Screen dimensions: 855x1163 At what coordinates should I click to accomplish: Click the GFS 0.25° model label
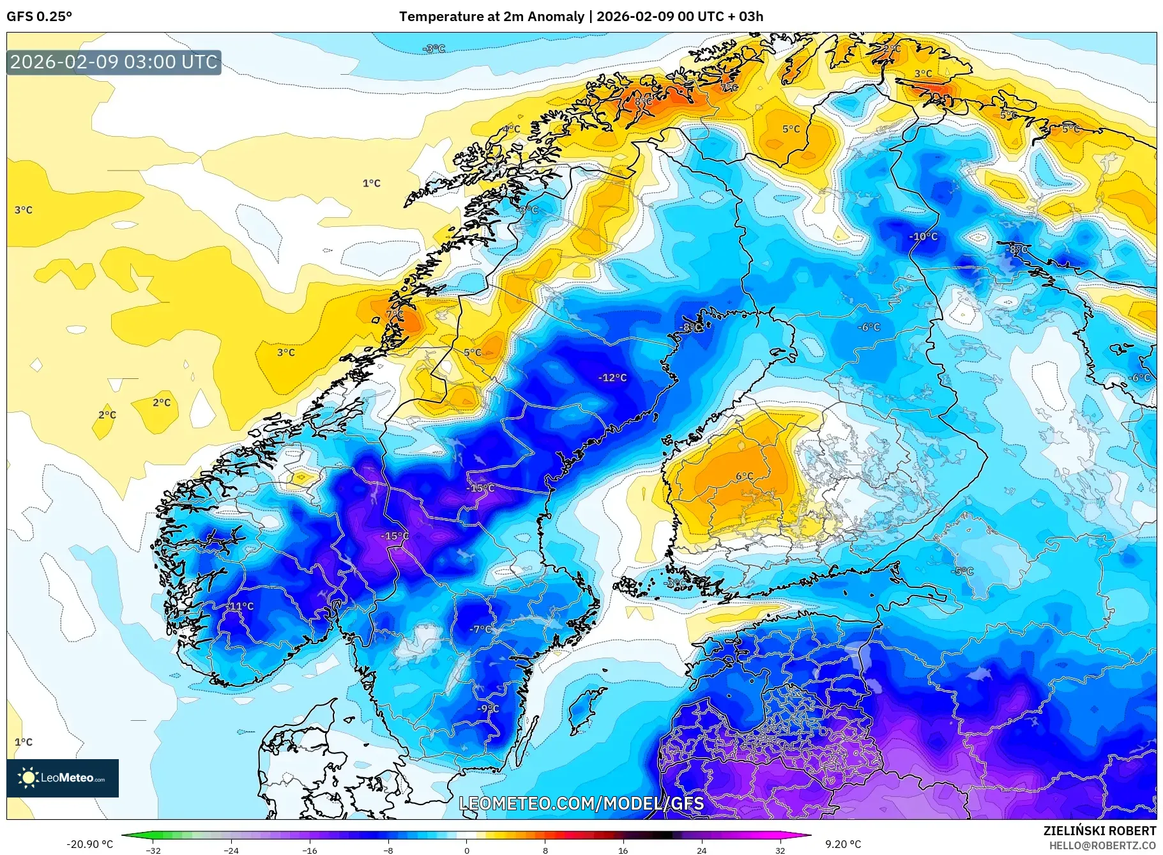[x=39, y=17]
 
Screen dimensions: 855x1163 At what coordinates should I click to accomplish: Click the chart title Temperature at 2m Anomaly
[x=492, y=17]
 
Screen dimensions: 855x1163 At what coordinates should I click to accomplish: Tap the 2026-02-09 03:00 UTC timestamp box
[x=114, y=62]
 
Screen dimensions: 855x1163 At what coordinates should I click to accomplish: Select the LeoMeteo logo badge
[x=63, y=778]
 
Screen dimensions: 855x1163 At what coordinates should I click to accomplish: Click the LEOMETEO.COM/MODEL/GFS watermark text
[x=581, y=803]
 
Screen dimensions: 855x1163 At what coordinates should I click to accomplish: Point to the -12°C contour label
[x=612, y=378]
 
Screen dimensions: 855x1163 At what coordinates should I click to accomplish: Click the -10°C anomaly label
[x=923, y=236]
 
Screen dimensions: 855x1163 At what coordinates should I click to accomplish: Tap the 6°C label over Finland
[x=744, y=476]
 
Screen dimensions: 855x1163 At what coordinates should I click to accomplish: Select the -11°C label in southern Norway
[x=241, y=606]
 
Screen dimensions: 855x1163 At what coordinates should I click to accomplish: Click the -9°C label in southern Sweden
[x=488, y=709]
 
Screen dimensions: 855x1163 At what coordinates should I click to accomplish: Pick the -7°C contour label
[x=480, y=629]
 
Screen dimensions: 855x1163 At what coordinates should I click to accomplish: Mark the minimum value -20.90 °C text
[x=90, y=844]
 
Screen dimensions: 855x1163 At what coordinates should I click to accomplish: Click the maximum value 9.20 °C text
[x=843, y=844]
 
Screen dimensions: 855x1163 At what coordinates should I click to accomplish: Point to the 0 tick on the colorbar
[x=467, y=850]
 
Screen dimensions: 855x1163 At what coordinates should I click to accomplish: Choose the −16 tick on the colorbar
[x=309, y=850]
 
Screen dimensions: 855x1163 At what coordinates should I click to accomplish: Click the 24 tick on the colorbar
[x=701, y=850]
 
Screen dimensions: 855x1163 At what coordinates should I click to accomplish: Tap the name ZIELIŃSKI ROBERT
[x=1099, y=831]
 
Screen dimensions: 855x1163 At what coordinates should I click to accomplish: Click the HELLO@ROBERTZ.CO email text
[x=1102, y=845]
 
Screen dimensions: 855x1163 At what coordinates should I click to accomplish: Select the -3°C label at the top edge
[x=434, y=49]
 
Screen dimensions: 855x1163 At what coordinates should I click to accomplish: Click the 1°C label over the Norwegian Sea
[x=371, y=183]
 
